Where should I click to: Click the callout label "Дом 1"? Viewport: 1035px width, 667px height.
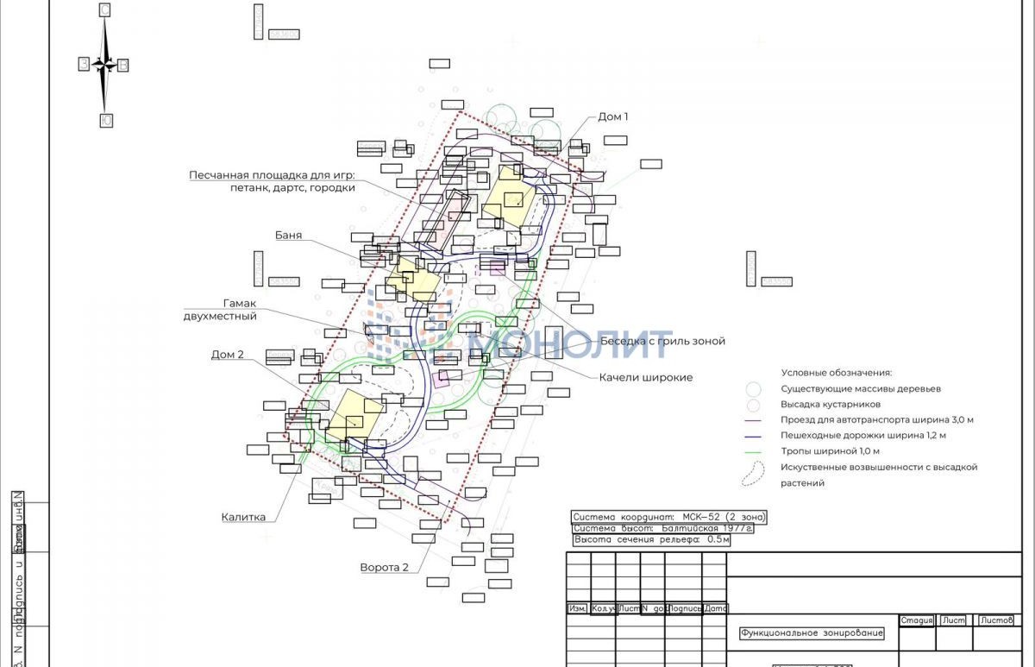(x=613, y=116)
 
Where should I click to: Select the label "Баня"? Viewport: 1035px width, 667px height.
(x=288, y=236)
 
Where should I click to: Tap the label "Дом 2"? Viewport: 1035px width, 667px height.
(x=228, y=355)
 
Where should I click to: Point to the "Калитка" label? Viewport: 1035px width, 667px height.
(x=243, y=518)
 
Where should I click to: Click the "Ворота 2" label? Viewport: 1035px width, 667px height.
(x=384, y=568)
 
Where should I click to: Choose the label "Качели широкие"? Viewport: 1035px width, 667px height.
(x=646, y=378)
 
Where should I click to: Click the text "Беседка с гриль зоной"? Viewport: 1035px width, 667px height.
(x=662, y=342)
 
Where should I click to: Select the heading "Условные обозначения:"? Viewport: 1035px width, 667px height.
(x=837, y=373)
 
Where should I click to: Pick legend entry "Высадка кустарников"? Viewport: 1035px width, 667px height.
(x=831, y=405)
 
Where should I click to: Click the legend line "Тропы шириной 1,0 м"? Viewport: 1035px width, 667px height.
(x=830, y=451)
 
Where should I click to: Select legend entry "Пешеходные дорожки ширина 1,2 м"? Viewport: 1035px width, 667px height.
(x=863, y=436)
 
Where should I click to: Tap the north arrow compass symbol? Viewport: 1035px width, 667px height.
(x=105, y=65)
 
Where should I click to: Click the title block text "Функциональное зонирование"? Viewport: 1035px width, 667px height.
(x=812, y=633)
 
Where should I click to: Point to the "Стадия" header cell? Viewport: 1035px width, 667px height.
(x=917, y=620)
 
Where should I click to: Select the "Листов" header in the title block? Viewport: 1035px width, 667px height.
(x=997, y=620)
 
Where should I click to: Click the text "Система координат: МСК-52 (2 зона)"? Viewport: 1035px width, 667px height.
(x=668, y=517)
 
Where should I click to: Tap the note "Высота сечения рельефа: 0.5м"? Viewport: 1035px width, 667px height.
(x=651, y=540)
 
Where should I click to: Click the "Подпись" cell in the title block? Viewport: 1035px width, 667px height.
(x=685, y=608)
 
